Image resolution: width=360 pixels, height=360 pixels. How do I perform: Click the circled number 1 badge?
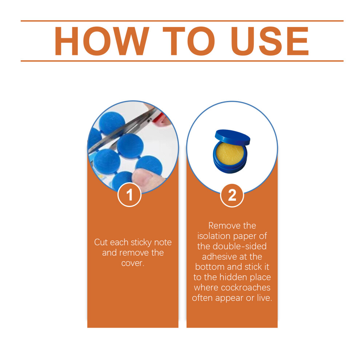coord(129,195)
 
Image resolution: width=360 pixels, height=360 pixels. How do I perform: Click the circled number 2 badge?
coord(232,195)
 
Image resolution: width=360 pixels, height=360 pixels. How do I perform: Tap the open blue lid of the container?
coord(232,137)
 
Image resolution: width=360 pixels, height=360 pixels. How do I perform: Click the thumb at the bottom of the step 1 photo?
coord(147,178)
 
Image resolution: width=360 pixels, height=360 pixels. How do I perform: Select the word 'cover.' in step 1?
coord(133,263)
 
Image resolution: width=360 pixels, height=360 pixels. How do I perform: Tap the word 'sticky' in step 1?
coord(141,243)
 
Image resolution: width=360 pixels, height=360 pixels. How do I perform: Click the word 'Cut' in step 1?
coord(101,243)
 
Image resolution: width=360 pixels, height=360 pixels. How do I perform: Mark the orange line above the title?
coord(182,21)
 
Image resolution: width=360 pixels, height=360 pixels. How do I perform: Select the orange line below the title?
coord(182,61)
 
